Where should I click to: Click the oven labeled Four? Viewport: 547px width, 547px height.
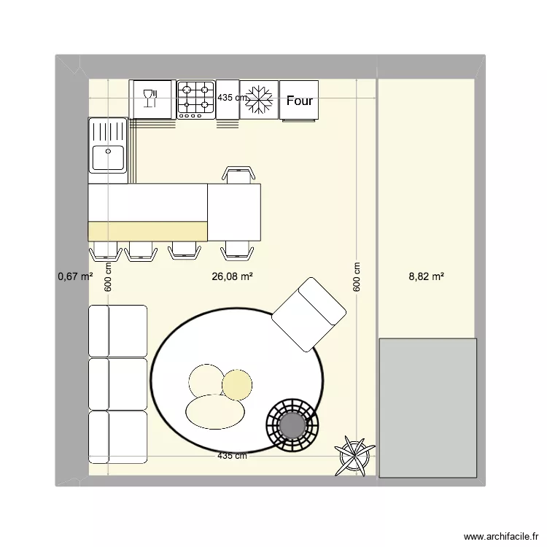(x=299, y=100)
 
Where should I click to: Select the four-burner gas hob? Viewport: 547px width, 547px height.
(x=196, y=99)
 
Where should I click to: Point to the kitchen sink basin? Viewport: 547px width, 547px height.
(x=108, y=158)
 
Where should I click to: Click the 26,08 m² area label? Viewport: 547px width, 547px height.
(x=232, y=276)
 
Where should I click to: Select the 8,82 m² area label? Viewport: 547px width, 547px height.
(x=427, y=276)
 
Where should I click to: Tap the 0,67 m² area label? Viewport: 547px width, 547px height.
(x=75, y=276)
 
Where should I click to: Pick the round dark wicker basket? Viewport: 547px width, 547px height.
(x=292, y=424)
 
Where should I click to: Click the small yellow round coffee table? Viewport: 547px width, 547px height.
(x=236, y=384)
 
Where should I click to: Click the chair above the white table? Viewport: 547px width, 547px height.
(x=238, y=175)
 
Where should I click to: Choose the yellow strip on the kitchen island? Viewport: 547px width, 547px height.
(x=147, y=230)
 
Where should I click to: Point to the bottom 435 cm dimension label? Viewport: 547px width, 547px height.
(x=232, y=456)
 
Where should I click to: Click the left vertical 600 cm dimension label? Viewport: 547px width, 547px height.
(x=108, y=277)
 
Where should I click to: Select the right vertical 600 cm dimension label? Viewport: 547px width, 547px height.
(x=357, y=277)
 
